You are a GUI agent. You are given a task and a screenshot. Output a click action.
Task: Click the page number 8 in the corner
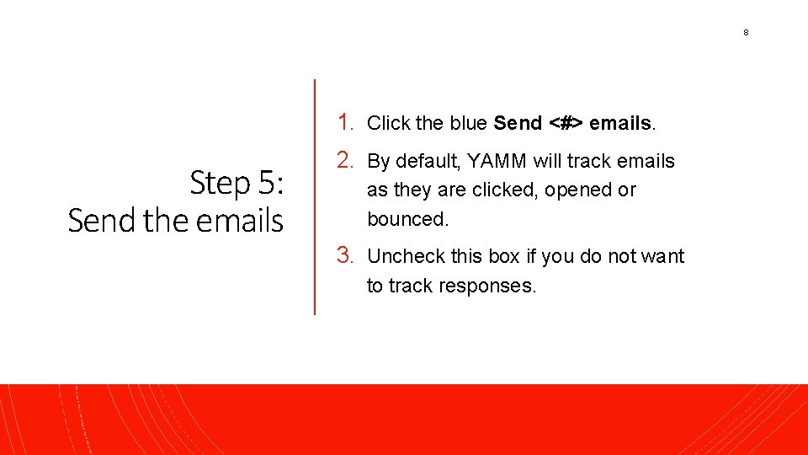click(746, 33)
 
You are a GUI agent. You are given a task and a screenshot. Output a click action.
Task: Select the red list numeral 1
click(343, 122)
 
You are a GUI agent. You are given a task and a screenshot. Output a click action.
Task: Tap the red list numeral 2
click(343, 160)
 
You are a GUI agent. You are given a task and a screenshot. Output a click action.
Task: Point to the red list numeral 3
click(343, 255)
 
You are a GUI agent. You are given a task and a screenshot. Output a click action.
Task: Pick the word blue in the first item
click(469, 123)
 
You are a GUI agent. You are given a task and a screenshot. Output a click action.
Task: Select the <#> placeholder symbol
click(566, 123)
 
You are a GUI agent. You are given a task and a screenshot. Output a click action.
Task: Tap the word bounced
click(407, 219)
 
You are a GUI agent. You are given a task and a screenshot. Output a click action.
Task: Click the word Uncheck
click(401, 256)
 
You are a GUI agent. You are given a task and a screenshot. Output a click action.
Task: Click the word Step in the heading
click(221, 183)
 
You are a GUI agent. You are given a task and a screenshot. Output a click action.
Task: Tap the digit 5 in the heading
click(266, 183)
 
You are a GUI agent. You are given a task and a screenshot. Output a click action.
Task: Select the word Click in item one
click(388, 123)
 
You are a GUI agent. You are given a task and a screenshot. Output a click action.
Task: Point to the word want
click(663, 256)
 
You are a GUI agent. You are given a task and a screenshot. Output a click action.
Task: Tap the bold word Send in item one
click(518, 123)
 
